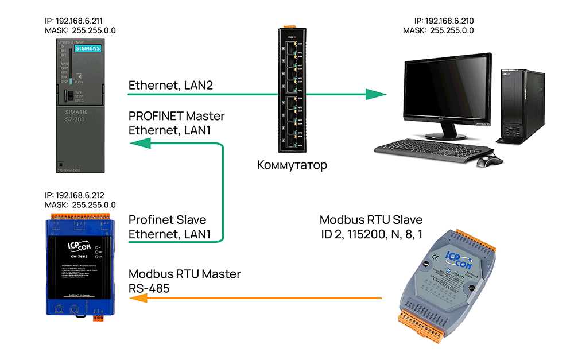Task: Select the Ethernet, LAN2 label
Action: pyautogui.click(x=170, y=86)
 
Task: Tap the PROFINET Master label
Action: pyautogui.click(x=176, y=117)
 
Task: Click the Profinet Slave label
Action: pyautogui.click(x=167, y=220)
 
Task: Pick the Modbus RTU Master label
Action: pyautogui.click(x=184, y=274)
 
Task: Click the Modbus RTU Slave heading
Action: pyautogui.click(x=371, y=220)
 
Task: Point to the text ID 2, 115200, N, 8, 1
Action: pyautogui.click(x=371, y=234)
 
